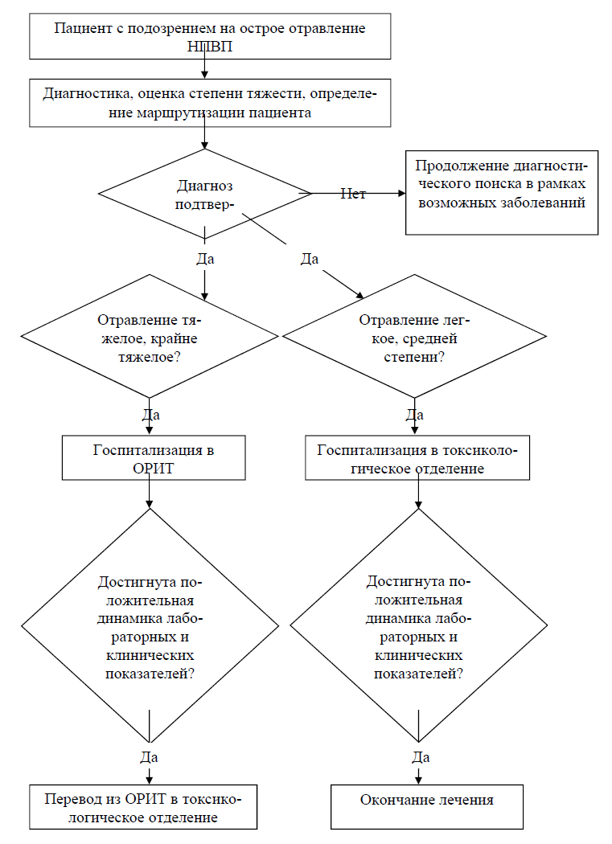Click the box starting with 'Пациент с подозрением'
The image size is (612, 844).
coord(210,36)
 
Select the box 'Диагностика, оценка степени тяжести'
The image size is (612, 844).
coord(210,103)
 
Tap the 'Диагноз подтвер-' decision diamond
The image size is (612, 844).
coord(205,194)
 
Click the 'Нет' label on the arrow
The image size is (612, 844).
coord(353,194)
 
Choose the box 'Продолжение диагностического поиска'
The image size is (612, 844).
coord(502,193)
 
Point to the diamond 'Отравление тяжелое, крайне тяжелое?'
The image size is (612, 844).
coord(150,337)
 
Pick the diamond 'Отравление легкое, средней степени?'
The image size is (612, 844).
coord(414,337)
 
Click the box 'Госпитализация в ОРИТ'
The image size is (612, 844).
coord(154,457)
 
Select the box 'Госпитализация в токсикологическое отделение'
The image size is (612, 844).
coord(417,457)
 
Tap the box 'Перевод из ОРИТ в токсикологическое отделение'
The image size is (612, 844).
coord(143,807)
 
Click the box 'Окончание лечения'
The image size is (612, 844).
coord(427,807)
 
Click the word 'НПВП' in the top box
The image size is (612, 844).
coord(210,47)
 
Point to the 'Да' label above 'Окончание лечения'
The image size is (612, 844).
coord(421,757)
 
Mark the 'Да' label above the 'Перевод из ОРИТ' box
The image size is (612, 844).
coord(150,757)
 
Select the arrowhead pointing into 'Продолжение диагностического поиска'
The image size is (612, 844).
coord(401,193)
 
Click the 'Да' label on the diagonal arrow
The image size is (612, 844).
coord(310,259)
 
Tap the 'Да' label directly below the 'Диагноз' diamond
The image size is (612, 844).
coord(205,259)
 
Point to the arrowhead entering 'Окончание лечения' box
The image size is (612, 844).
coord(419,780)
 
